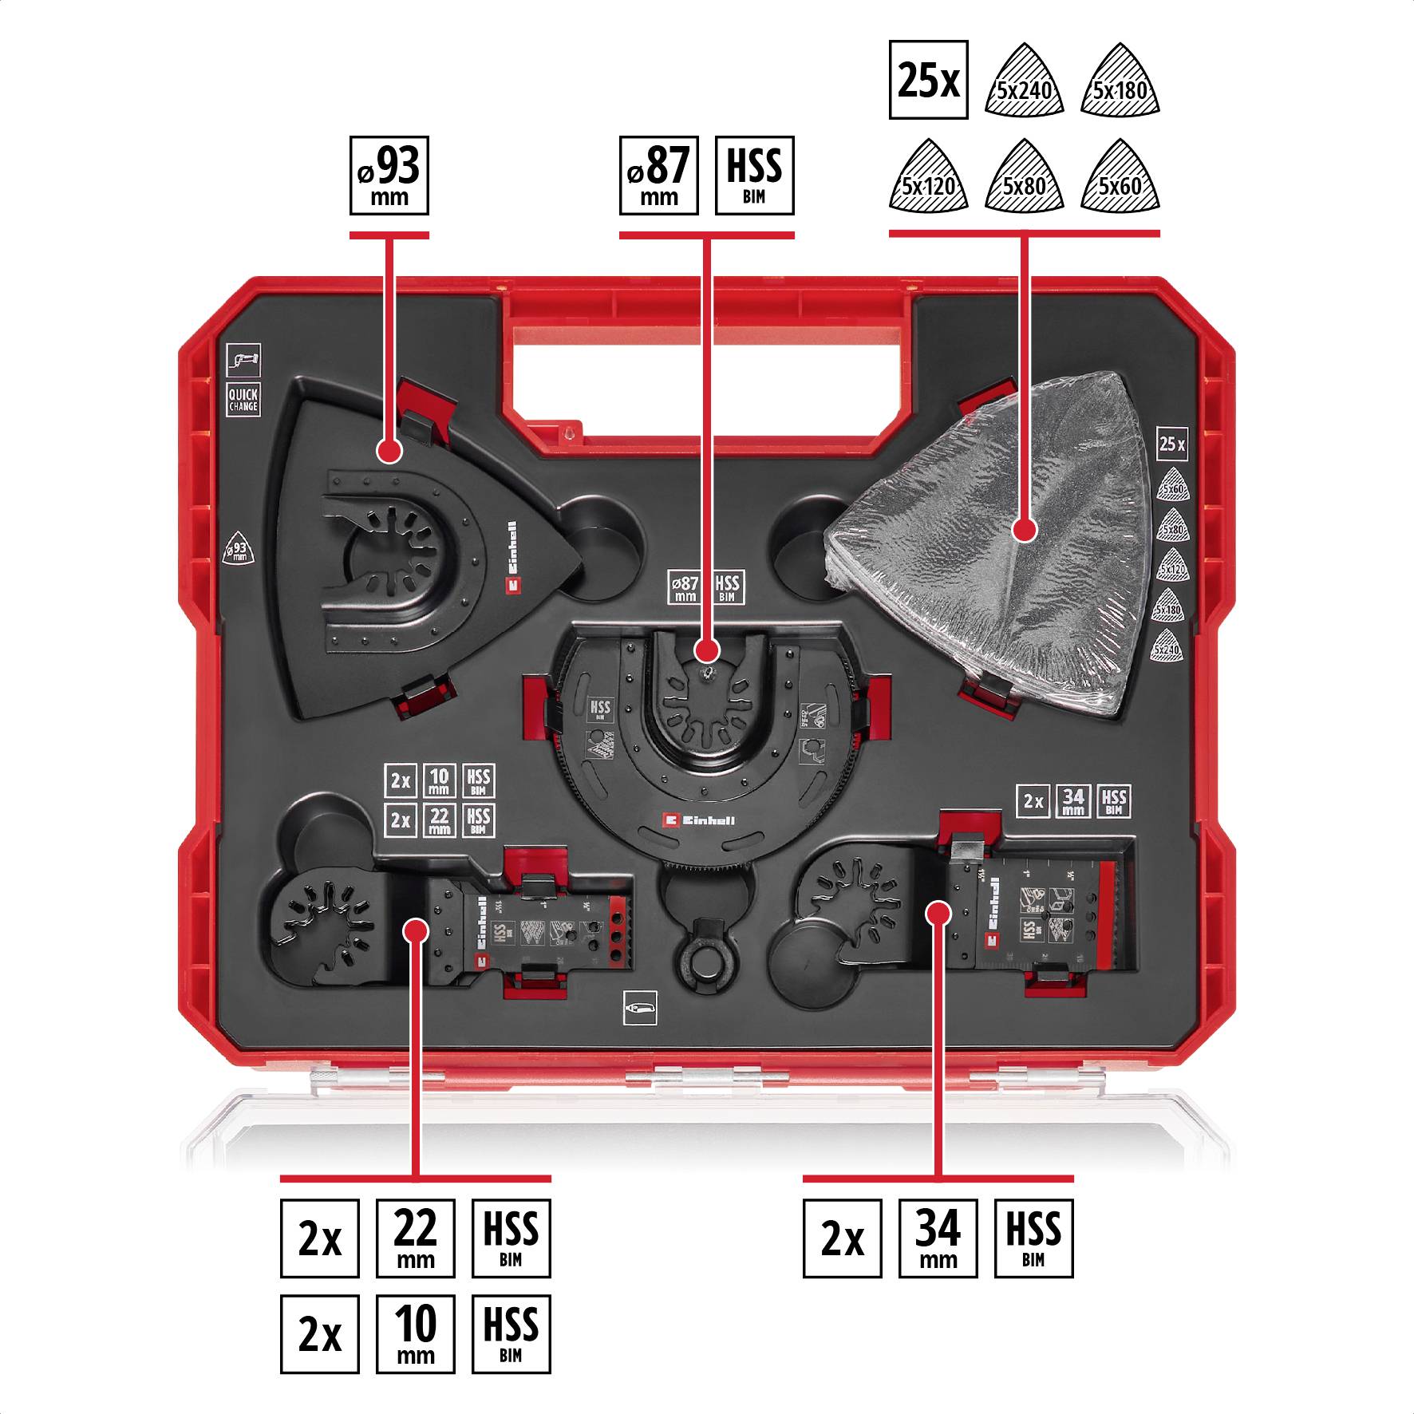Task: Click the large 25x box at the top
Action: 928,81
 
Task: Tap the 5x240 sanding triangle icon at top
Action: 1025,84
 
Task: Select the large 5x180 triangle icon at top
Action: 1120,84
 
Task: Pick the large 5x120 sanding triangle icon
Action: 928,180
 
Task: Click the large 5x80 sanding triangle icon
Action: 1025,180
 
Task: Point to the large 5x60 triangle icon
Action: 1120,180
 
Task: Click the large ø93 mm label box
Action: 389,176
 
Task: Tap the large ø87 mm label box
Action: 659,176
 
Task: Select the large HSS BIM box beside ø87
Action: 754,176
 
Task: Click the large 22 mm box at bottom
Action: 415,1238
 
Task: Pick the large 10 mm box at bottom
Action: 415,1333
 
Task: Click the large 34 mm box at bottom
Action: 938,1238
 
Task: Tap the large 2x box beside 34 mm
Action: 842,1238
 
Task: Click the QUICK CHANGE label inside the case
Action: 243,399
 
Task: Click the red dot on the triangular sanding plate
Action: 389,452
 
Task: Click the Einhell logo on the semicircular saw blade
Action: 698,820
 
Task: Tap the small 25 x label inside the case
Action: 1171,444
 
